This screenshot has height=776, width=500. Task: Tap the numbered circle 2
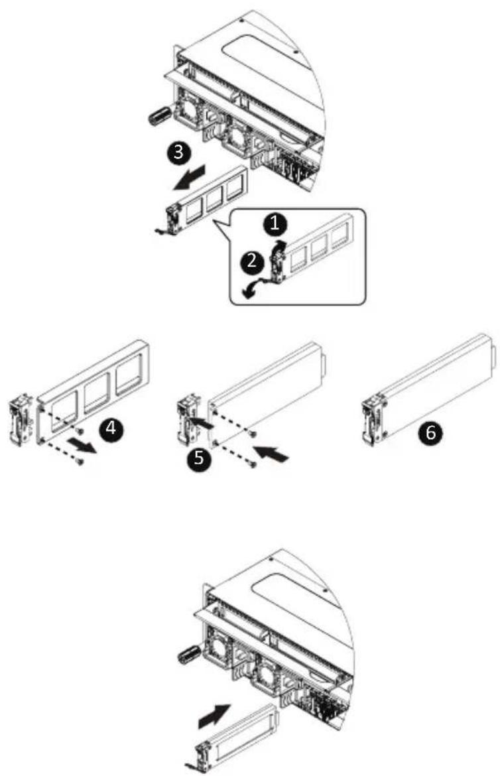coord(252,261)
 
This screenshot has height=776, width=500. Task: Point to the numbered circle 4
coord(111,428)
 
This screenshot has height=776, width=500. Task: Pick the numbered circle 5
coord(199,458)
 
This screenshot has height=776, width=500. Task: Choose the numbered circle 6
coord(430,434)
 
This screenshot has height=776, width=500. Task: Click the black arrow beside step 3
coord(188,178)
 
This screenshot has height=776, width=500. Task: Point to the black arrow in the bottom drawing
coord(214,716)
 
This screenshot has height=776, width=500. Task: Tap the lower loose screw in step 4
coord(79,461)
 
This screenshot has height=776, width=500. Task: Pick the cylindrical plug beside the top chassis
coord(159,115)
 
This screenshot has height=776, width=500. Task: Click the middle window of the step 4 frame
coord(97,393)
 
